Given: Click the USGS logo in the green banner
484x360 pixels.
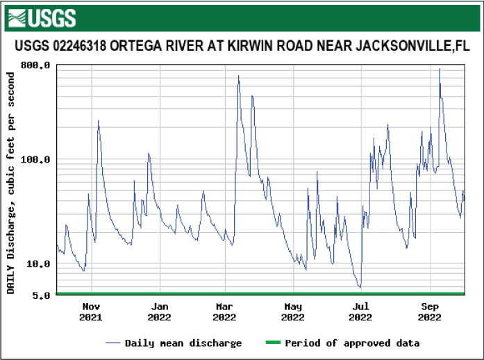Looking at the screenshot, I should pos(42,18).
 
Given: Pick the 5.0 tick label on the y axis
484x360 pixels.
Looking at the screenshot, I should pos(42,295).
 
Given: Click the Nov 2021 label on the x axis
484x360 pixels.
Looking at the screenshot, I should pos(90,312).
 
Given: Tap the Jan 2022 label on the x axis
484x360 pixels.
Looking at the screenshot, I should pos(160,312).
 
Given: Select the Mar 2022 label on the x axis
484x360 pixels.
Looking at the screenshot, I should pos(224,312).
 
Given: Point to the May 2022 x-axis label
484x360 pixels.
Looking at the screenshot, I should pos(293,312).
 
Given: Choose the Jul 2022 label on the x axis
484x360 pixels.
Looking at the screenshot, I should pos(360,312).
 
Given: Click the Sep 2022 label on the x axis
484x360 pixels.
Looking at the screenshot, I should pos(430,312).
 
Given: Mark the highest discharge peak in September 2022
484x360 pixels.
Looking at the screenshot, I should pos(439,69).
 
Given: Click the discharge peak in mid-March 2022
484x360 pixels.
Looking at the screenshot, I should pos(238,76).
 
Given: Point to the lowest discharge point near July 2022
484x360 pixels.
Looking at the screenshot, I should pos(360,287).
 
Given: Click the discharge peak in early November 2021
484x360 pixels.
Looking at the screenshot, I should pos(98,121).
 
